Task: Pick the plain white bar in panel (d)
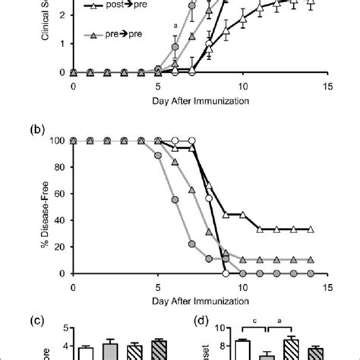coord(243,349)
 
